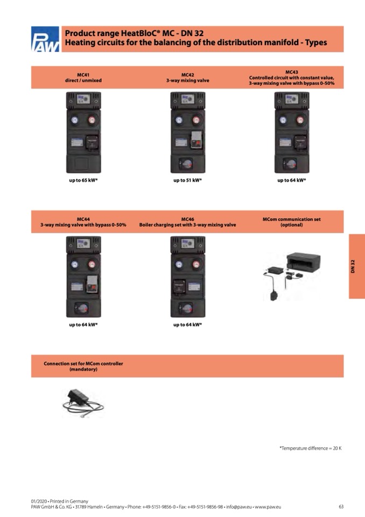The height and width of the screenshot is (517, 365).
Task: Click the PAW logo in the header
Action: [x=45, y=39]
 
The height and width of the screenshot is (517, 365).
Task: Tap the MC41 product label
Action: [x=83, y=75]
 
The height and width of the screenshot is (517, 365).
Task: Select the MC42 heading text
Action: [x=187, y=75]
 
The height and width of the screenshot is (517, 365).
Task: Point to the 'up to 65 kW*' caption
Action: [x=83, y=181]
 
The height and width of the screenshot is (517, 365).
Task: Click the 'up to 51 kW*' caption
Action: [x=187, y=181]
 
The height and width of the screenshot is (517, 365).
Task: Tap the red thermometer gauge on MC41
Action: [x=92, y=120]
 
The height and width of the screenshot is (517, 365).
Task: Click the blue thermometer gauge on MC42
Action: [x=179, y=120]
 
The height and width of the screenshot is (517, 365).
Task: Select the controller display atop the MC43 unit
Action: [x=292, y=99]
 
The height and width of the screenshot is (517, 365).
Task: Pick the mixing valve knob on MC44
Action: [x=82, y=308]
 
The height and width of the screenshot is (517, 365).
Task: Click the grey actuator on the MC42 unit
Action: [x=196, y=140]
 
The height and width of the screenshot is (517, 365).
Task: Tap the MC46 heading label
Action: [x=187, y=219]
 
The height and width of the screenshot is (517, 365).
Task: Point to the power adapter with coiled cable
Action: [x=82, y=403]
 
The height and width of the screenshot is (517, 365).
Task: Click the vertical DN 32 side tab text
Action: [x=353, y=266]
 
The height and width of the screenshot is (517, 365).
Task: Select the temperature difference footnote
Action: [x=311, y=449]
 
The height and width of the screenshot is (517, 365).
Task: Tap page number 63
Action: [x=341, y=507]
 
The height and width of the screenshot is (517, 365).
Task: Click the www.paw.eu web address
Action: [x=268, y=507]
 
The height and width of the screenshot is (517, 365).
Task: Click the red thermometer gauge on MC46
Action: [x=196, y=265]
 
